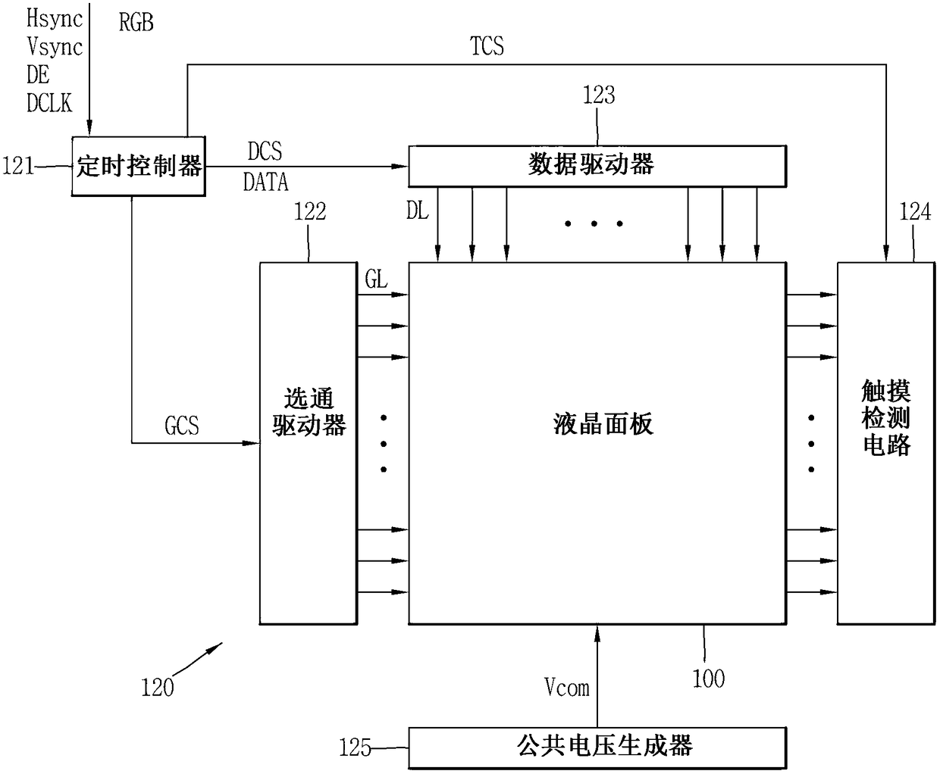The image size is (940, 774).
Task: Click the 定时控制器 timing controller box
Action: click(139, 166)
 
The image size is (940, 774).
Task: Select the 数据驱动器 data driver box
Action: click(597, 165)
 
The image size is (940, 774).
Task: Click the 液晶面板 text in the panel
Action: click(603, 424)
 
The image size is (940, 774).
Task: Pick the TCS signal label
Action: click(487, 47)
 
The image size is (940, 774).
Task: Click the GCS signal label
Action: click(182, 426)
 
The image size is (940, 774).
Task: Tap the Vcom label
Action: click(566, 687)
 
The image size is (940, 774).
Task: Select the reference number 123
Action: click(598, 95)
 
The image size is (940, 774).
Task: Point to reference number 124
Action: click(914, 212)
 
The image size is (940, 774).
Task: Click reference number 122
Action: click(309, 212)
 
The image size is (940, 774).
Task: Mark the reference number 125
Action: click(355, 748)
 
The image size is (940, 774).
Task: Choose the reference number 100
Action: click(708, 678)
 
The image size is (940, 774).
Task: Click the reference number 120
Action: click(157, 688)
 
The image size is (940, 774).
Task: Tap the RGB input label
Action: click(136, 22)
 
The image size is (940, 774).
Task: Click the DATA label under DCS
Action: click(265, 182)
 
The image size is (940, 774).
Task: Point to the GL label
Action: click(376, 279)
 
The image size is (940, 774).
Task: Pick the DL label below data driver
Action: click(418, 211)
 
